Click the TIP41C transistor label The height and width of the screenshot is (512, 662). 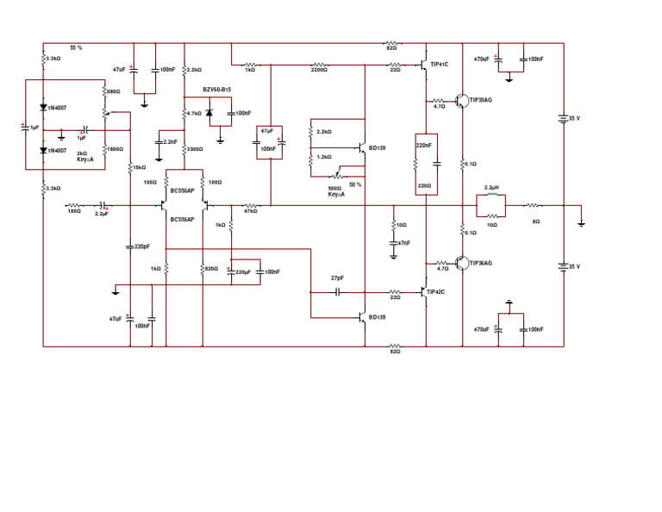pos(440,64)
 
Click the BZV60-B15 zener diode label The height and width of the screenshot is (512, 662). pos(216,90)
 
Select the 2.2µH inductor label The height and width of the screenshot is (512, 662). pos(492,187)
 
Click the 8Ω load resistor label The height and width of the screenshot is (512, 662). pos(536,222)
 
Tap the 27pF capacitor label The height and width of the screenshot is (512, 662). pos(338,278)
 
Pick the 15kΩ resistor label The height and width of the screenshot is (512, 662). pos(140,167)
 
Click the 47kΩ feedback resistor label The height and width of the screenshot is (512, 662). pos(251,211)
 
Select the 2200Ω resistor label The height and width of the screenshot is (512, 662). pos(319,70)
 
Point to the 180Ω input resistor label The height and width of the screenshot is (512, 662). pos(74,211)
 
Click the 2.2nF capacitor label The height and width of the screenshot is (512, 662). pos(170,141)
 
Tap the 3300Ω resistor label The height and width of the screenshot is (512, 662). pos(197,149)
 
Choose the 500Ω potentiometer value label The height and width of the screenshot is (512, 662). pos(335,188)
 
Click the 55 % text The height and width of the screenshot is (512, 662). pos(76,47)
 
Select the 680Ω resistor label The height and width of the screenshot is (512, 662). pos(114,91)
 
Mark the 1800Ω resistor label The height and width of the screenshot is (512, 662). pos(115,149)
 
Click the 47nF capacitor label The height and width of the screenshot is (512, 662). pos(403,243)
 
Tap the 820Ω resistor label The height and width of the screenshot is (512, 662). pos(211,269)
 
